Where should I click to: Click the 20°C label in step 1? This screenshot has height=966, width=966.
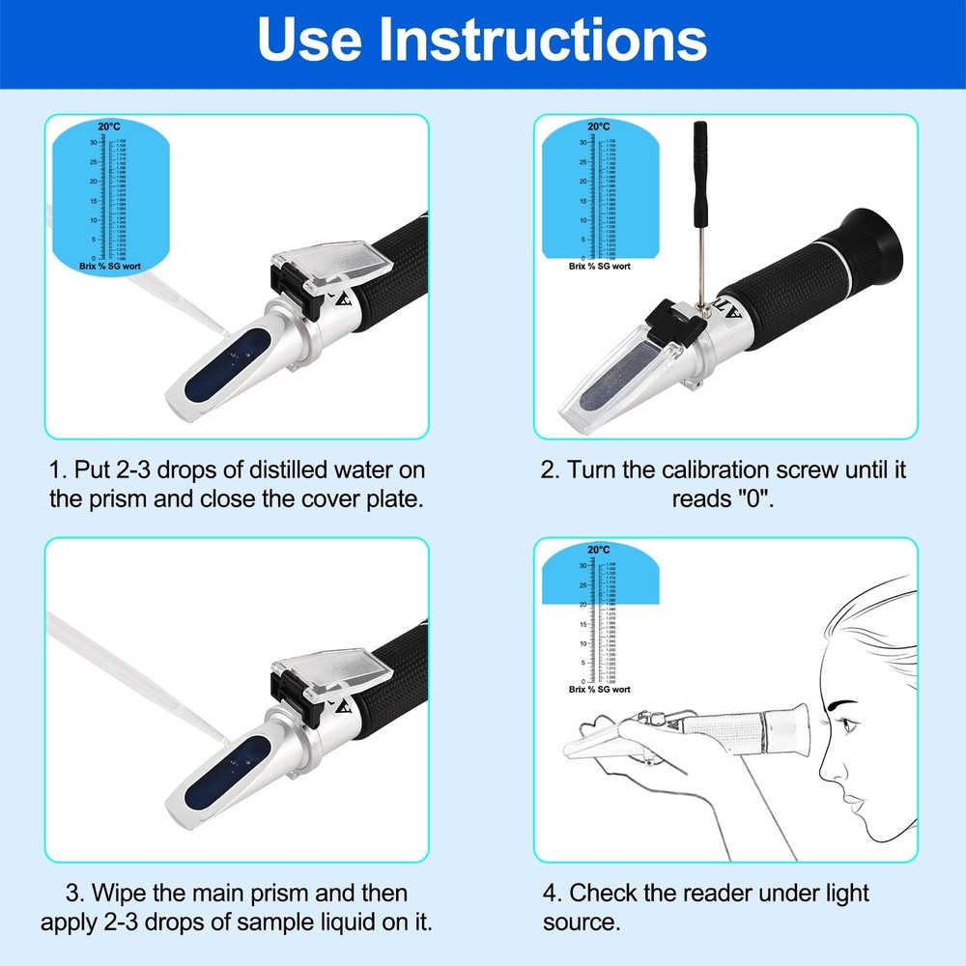pos(109,127)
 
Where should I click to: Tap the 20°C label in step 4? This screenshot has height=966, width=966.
pos(599,550)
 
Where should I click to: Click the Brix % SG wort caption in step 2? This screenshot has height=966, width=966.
pos(599,266)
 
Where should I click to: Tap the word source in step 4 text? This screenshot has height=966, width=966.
pos(581,922)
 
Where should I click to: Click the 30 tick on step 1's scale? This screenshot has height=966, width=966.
pos(93,142)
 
